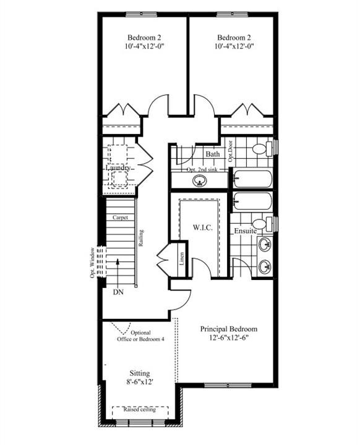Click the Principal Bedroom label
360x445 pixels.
(229, 329)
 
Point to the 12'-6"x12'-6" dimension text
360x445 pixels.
(229, 338)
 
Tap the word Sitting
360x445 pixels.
(140, 373)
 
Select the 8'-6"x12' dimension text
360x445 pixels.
(140, 382)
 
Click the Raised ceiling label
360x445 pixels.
(140, 410)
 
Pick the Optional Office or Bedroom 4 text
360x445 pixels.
(140, 336)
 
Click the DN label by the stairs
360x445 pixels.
(119, 292)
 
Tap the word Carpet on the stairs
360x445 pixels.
(120, 218)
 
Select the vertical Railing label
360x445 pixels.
(141, 238)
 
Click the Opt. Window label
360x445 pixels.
(92, 263)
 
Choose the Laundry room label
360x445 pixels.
(118, 167)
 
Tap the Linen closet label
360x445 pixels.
(182, 258)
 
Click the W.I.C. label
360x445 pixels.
(203, 227)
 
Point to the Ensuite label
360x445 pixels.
(245, 231)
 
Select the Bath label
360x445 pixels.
(213, 154)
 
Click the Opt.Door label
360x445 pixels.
(231, 151)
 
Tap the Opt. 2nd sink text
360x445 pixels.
(202, 169)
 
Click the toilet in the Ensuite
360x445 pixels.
(262, 224)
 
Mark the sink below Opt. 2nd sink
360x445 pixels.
(199, 180)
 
